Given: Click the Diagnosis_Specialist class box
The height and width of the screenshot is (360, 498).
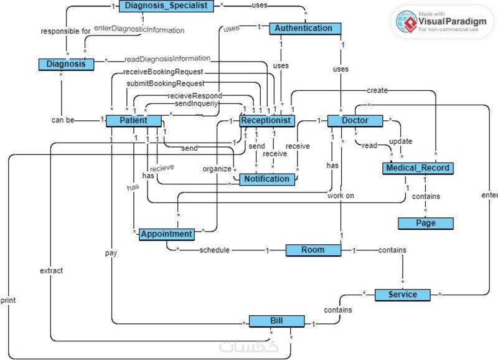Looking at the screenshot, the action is pyautogui.click(x=166, y=6).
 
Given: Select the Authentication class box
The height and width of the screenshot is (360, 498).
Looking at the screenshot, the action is pyautogui.click(x=305, y=28).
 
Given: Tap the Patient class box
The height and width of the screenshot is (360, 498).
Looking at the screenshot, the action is pyautogui.click(x=134, y=121).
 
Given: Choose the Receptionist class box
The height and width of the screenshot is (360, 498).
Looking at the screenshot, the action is pyautogui.click(x=267, y=121).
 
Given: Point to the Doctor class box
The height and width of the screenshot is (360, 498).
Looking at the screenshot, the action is pyautogui.click(x=355, y=121).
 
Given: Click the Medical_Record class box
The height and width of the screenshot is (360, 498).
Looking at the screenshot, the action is pyautogui.click(x=418, y=168).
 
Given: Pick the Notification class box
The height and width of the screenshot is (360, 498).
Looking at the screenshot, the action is pyautogui.click(x=267, y=179).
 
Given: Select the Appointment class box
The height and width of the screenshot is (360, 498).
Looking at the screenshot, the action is pyautogui.click(x=167, y=234).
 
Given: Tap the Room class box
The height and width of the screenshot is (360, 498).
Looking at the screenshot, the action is pyautogui.click(x=313, y=250).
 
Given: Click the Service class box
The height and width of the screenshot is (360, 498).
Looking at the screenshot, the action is pyautogui.click(x=402, y=295).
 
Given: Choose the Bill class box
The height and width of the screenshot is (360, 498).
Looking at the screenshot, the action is pyautogui.click(x=276, y=321).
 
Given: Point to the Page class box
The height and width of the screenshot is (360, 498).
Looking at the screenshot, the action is pyautogui.click(x=426, y=224).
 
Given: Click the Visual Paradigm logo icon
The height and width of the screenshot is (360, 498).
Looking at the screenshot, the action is pyautogui.click(x=407, y=22).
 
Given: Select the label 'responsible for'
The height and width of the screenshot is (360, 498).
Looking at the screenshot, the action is pyautogui.click(x=66, y=31).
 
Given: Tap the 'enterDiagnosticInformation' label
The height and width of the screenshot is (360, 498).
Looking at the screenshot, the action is pyautogui.click(x=139, y=29).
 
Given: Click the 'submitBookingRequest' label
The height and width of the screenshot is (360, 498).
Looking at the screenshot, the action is pyautogui.click(x=166, y=83).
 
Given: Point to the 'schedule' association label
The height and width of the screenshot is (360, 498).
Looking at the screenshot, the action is pyautogui.click(x=214, y=250).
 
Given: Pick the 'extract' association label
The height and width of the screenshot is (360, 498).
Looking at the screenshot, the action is pyautogui.click(x=51, y=271).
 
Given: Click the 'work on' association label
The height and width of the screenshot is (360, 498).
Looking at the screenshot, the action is pyautogui.click(x=341, y=196).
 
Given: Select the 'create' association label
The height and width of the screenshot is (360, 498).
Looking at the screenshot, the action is pyautogui.click(x=377, y=90).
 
